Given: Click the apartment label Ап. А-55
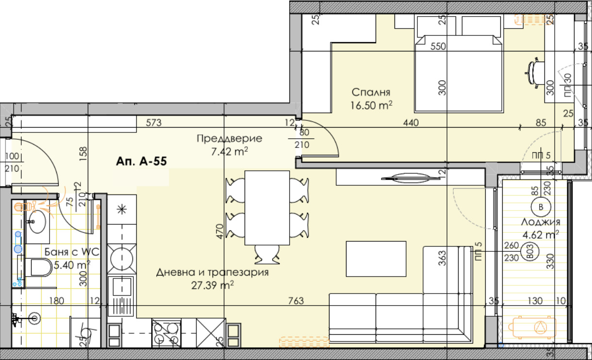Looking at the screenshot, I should click(142, 162).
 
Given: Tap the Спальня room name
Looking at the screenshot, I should click(371, 92).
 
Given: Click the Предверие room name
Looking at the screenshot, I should click(229, 139).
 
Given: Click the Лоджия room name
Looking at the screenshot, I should click(541, 222).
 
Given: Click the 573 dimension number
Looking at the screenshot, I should click(154, 123).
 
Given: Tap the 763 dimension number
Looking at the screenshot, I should click(295, 301).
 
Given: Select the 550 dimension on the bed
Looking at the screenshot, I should click(438, 47).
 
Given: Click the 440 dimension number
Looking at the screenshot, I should click(411, 123).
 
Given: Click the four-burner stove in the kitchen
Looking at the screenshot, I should click(167, 333).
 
